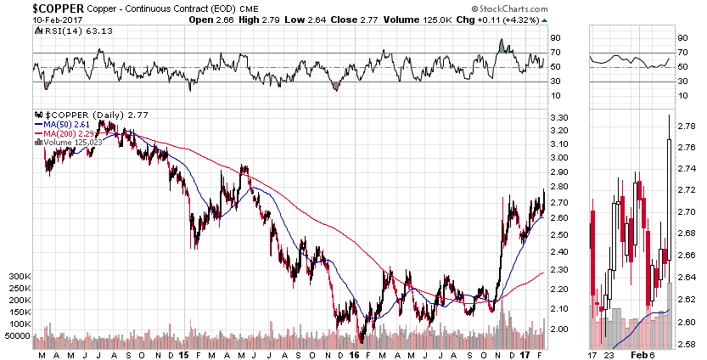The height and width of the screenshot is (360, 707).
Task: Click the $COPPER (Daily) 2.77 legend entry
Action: (x=76, y=115)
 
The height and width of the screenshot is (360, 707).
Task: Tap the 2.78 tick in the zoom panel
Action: (x=687, y=124)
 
